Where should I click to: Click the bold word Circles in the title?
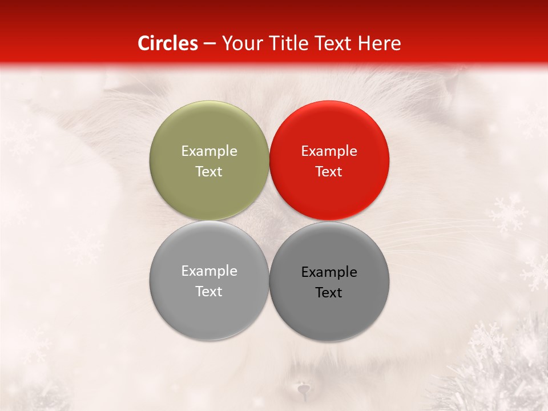click(168, 43)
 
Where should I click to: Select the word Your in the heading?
click(240, 43)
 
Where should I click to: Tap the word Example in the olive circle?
click(209, 151)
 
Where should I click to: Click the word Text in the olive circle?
click(209, 171)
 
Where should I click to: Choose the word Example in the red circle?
click(329, 151)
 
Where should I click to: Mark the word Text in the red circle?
click(329, 171)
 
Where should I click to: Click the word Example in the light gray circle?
click(209, 271)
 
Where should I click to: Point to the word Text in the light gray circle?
click(209, 291)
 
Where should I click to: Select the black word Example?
click(329, 272)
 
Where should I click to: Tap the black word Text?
click(329, 292)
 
